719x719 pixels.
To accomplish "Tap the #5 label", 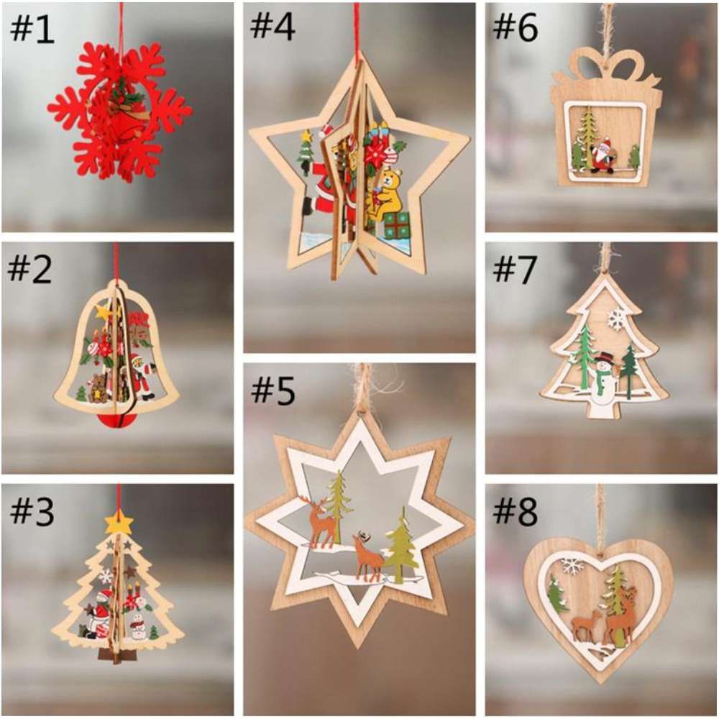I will pos(273,393).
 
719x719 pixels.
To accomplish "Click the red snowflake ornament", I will pos(119,111).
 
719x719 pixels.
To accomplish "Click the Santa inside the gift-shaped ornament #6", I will pos(601,153).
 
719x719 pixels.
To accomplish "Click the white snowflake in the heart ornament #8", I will pos(573,566).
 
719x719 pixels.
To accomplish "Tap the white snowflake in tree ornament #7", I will pos(617,319).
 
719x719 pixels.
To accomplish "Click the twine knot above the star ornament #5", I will pos(364,392).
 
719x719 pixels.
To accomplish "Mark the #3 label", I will pos(32,512).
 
